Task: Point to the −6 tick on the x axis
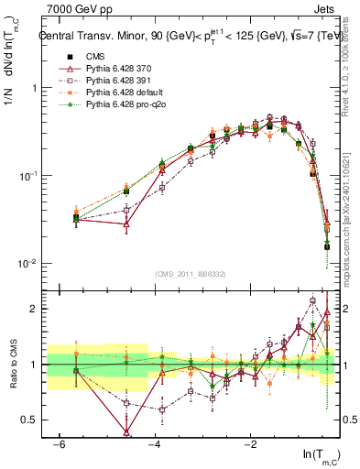click(57, 443)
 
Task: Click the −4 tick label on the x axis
click(153, 443)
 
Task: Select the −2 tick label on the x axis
click(249, 443)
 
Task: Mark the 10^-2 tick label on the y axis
click(26, 264)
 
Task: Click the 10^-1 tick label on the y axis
click(26, 176)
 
